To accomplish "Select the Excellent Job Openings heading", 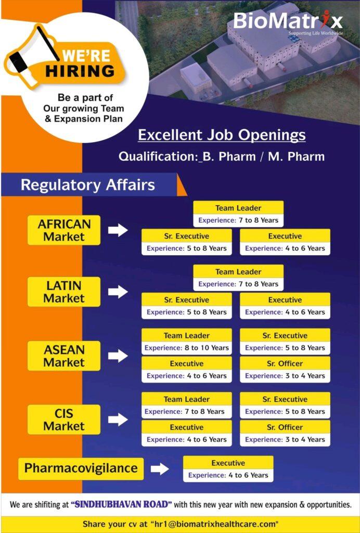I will pyautogui.click(x=222, y=135).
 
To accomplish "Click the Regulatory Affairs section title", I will pyautogui.click(x=88, y=185).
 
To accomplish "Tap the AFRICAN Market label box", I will pyautogui.click(x=64, y=230).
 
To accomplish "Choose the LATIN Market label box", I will pyautogui.click(x=64, y=291).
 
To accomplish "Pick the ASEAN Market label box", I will pyautogui.click(x=64, y=356).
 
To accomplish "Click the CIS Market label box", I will pyautogui.click(x=64, y=420).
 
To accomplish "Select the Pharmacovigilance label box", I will pyautogui.click(x=81, y=468).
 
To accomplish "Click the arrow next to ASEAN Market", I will pyautogui.click(x=118, y=356).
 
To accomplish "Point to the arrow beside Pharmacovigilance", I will pyautogui.click(x=160, y=469).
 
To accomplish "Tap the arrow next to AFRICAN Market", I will pyautogui.click(x=118, y=230).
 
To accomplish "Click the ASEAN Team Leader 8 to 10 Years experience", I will pyautogui.click(x=187, y=348).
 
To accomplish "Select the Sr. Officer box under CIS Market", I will pyautogui.click(x=285, y=433).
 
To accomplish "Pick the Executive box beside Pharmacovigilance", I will pyautogui.click(x=228, y=469).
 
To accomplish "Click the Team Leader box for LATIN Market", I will pyautogui.click(x=238, y=278).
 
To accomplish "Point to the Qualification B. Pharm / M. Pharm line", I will pyautogui.click(x=222, y=156).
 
